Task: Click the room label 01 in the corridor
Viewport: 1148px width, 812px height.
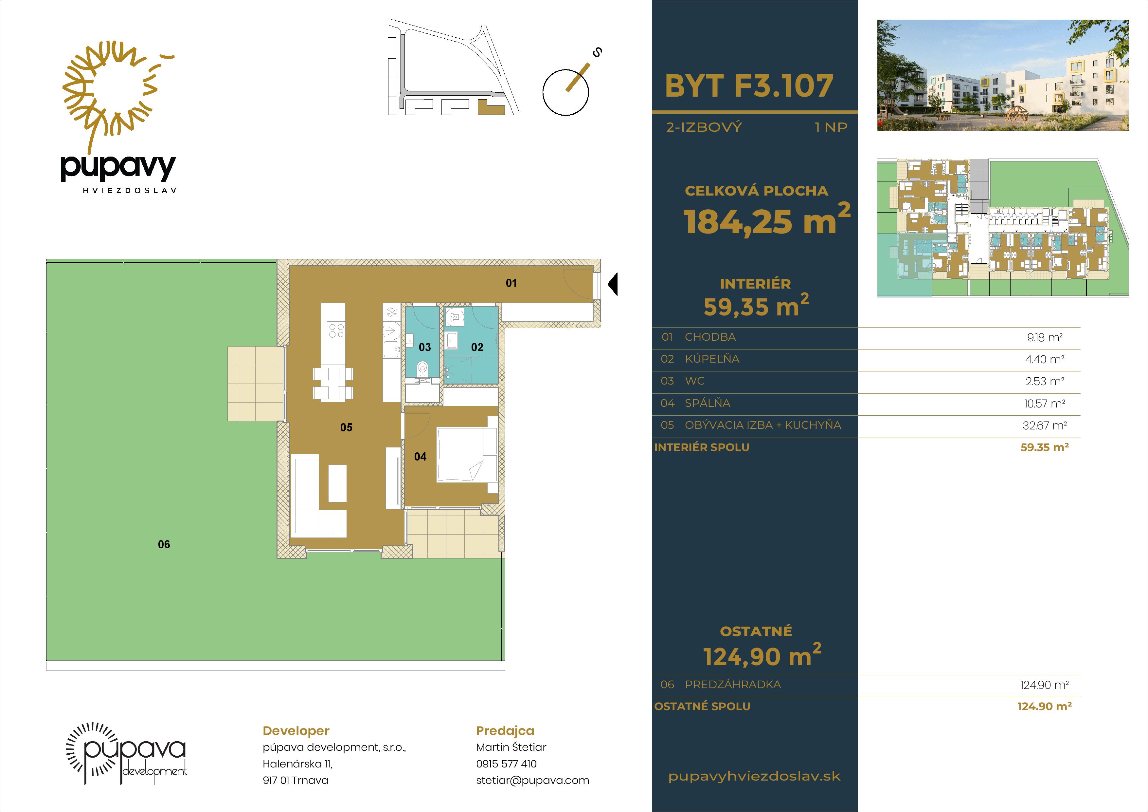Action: point(511,283)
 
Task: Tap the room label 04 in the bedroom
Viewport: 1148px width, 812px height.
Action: point(420,456)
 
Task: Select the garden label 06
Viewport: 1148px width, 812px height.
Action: point(164,544)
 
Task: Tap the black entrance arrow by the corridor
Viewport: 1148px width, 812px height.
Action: point(613,284)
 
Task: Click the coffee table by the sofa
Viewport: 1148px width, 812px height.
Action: point(337,483)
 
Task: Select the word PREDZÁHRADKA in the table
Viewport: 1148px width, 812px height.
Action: point(732,685)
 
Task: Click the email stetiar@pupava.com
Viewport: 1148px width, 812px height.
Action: point(532,781)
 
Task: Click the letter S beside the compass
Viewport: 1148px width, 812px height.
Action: point(597,52)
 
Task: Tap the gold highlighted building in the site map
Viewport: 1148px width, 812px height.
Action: point(490,108)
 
